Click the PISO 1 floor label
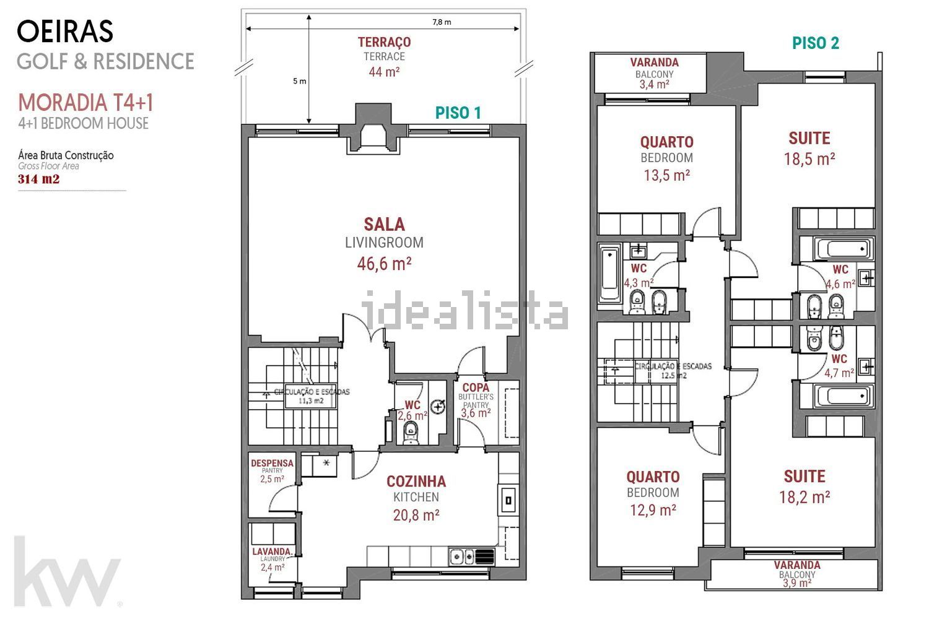[x=458, y=113]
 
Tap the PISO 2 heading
[x=816, y=43]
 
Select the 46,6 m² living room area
[x=384, y=264]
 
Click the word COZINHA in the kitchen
[x=416, y=482]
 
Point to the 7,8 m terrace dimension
[x=442, y=22]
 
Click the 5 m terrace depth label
[x=299, y=81]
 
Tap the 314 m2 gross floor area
[x=38, y=179]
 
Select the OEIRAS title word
[x=65, y=32]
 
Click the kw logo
[x=66, y=572]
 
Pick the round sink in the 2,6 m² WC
[x=438, y=407]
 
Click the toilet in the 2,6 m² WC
[x=411, y=433]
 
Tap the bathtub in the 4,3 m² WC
[x=609, y=274]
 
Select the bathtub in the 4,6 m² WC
[x=844, y=249]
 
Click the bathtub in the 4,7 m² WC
[x=844, y=396]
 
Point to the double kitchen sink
[x=463, y=556]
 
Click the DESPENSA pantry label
[x=272, y=463]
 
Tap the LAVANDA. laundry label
[x=272, y=552]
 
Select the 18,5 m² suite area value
[x=809, y=159]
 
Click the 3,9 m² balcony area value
[x=796, y=583]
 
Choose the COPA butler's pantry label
[x=476, y=387]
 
